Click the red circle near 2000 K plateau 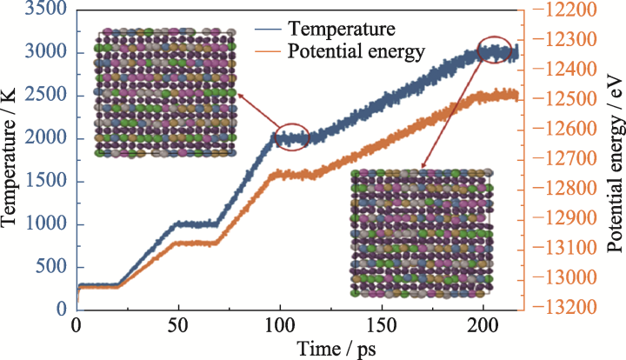[x=290, y=137]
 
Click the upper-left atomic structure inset [x=165, y=93]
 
